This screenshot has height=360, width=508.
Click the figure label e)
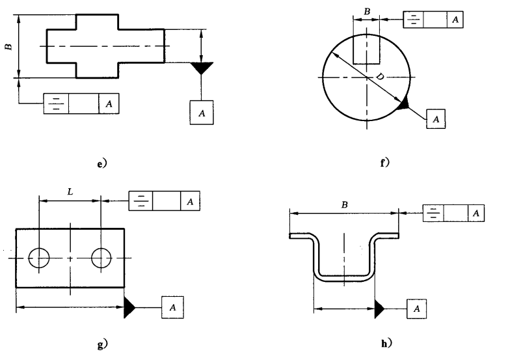click(x=101, y=164)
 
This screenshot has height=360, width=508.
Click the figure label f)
click(x=385, y=162)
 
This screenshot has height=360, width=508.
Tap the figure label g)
click(x=102, y=344)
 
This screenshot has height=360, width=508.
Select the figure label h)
click(x=386, y=343)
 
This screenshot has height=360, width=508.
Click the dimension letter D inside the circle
click(x=380, y=77)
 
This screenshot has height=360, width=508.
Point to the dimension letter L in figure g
click(x=70, y=191)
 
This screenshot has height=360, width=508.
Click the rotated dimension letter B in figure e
click(x=8, y=47)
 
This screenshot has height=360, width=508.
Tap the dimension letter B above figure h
click(x=344, y=205)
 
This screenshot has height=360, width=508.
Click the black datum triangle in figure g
click(x=129, y=307)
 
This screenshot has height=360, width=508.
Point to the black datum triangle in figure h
click(x=379, y=309)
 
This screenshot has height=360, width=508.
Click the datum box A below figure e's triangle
click(x=202, y=113)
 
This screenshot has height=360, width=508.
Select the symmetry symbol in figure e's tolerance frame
click(x=56, y=104)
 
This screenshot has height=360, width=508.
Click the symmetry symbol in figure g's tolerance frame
click(x=140, y=201)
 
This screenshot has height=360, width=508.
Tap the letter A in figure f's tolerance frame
click(x=455, y=20)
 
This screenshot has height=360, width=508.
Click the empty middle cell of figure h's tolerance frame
click(x=455, y=213)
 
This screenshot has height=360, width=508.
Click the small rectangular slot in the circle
click(x=366, y=49)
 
